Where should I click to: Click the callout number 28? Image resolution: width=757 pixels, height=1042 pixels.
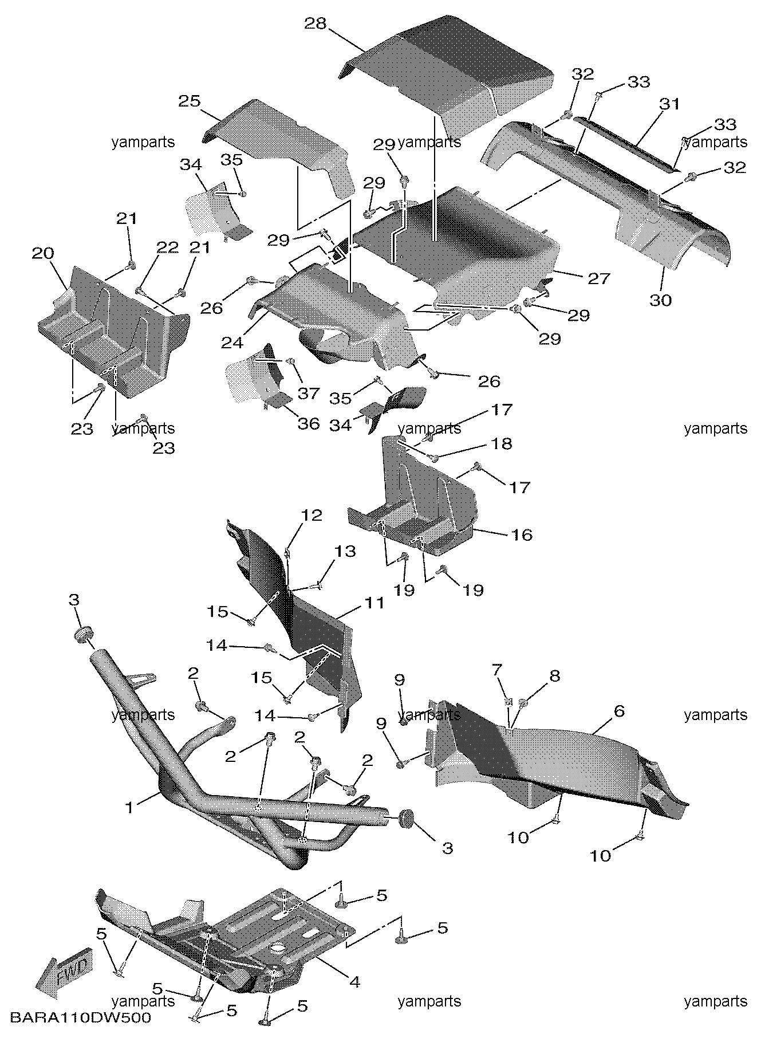(x=315, y=23)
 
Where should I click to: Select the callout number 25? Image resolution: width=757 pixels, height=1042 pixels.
(x=189, y=101)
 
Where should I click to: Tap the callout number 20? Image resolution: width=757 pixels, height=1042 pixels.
(x=43, y=253)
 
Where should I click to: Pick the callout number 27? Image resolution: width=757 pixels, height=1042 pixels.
(x=598, y=278)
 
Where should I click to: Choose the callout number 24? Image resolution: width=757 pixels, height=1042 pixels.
(x=232, y=343)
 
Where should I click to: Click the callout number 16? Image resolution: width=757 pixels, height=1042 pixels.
(x=521, y=534)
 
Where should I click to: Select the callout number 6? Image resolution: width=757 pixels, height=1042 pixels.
(x=618, y=711)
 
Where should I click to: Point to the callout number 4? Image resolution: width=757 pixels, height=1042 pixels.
(x=354, y=982)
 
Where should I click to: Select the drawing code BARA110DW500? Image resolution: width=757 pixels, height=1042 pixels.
(x=80, y=1018)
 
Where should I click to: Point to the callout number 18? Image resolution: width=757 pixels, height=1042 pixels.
(x=502, y=444)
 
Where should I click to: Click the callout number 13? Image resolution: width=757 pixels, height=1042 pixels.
(x=345, y=552)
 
